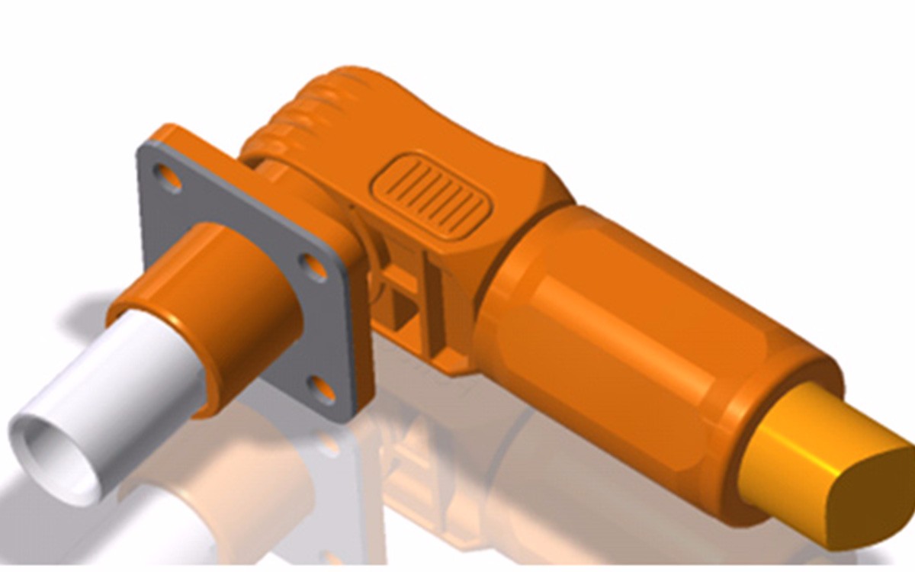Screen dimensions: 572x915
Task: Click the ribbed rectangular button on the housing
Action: [x=431, y=194]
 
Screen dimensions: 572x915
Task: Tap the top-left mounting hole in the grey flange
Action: [x=168, y=178]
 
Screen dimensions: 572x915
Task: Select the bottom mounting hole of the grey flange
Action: [x=323, y=390]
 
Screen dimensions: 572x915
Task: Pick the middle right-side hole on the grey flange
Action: [x=313, y=268]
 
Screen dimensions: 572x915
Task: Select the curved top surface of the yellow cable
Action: [x=816, y=427]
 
